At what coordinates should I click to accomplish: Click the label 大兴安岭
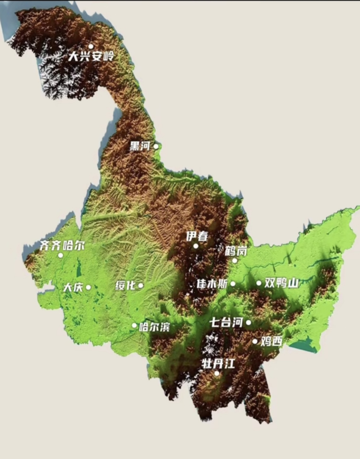(91, 56)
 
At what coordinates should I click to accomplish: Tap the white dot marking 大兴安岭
(91, 46)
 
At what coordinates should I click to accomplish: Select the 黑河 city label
(140, 146)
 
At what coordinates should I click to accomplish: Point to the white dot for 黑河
(156, 146)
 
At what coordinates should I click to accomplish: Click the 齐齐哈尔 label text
(62, 246)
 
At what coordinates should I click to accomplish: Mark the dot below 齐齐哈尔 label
(60, 255)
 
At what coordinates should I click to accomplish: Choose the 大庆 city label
(73, 287)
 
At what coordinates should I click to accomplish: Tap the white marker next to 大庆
(88, 287)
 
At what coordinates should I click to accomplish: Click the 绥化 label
(125, 285)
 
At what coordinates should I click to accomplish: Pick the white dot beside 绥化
(141, 285)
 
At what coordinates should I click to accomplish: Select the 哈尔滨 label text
(155, 327)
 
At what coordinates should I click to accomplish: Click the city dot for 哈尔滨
(134, 326)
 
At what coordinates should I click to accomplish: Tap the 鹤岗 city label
(236, 251)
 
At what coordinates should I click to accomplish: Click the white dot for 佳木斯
(233, 284)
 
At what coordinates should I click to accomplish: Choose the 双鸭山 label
(281, 283)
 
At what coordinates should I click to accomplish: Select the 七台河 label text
(226, 322)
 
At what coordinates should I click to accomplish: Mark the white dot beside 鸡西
(255, 341)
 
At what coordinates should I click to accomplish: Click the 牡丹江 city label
(218, 364)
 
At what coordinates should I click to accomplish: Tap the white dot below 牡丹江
(217, 373)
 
